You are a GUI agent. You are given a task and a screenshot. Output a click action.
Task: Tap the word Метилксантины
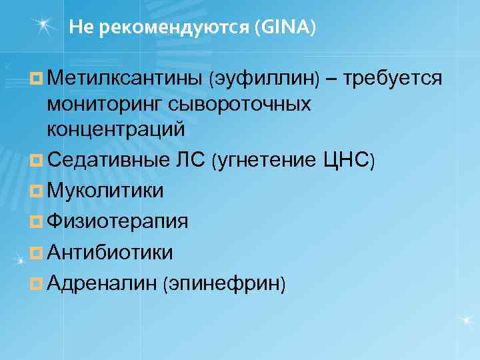[x=125, y=79]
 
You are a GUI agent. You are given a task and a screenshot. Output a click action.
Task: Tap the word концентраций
[x=115, y=129]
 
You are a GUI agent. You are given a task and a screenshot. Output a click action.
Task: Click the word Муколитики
[x=105, y=191]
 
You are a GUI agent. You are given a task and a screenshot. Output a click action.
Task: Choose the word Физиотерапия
[x=117, y=221]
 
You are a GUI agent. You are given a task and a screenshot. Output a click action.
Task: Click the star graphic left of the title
[x=44, y=25]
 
